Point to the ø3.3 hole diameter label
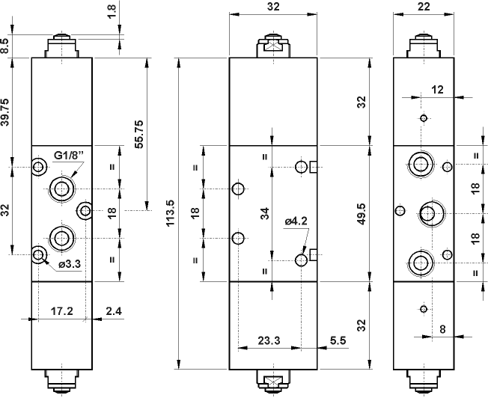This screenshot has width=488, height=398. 69,263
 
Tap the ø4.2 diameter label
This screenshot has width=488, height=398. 296,221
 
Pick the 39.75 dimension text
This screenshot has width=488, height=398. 7,112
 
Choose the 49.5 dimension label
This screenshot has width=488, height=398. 362,212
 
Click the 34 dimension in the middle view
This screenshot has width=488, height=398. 264,213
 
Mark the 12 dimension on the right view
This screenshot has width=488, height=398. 438,89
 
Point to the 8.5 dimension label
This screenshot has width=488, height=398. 6,46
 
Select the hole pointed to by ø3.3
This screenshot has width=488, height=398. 38,255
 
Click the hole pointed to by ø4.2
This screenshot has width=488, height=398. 302,260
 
